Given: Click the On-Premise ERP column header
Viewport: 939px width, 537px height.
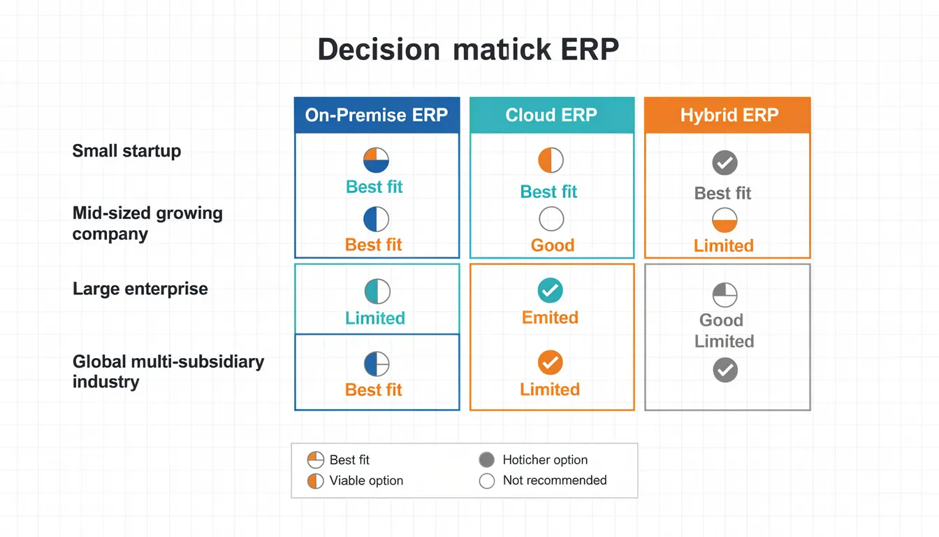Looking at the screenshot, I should click(x=377, y=115).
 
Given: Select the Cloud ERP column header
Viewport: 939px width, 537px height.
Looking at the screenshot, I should click(x=551, y=115).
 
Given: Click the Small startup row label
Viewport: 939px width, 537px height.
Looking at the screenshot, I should click(x=126, y=151).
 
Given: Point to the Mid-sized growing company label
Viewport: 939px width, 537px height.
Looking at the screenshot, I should click(x=147, y=223).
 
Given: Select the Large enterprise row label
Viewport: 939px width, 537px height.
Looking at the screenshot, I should click(x=140, y=289).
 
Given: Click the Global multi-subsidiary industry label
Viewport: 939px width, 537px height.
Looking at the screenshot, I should click(x=168, y=371).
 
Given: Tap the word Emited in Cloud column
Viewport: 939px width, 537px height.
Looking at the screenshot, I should click(x=550, y=318).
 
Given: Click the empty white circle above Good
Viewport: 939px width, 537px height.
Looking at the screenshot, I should click(x=551, y=220).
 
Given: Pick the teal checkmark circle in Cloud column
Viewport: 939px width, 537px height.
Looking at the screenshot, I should click(x=551, y=290).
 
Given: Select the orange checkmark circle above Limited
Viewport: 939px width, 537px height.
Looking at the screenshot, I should click(x=551, y=362).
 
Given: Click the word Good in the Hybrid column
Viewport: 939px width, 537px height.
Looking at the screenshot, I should click(x=721, y=320).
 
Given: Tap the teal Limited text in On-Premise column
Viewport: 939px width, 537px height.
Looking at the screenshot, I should click(x=375, y=318).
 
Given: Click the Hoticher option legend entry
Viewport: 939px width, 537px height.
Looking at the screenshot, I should click(x=544, y=460).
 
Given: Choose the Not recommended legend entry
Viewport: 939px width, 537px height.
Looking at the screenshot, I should click(x=554, y=480).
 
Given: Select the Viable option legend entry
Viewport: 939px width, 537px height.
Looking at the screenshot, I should click(x=365, y=480).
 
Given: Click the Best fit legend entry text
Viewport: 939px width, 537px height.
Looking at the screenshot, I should click(x=349, y=460).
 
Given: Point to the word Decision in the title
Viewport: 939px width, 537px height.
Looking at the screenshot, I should click(x=378, y=51).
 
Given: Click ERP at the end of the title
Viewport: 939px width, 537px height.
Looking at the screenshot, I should click(x=589, y=51).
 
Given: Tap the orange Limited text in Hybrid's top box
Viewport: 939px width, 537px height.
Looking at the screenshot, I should click(x=723, y=246).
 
